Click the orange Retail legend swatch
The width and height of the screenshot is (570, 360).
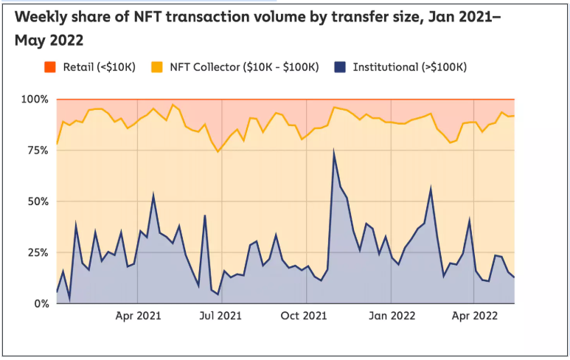tap(49, 67)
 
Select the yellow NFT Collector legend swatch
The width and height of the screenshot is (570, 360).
tap(157, 67)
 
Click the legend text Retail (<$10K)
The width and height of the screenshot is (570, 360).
tap(99, 67)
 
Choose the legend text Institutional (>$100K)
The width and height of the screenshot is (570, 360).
tap(409, 67)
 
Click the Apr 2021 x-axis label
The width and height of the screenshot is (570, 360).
tap(138, 317)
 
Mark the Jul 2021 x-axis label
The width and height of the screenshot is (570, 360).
tap(221, 317)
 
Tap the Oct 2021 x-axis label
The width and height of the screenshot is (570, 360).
tap(305, 317)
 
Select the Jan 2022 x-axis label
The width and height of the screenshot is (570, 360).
tap(390, 317)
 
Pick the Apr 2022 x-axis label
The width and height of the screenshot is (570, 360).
tap(472, 317)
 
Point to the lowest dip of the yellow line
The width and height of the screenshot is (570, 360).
tap(218, 152)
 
